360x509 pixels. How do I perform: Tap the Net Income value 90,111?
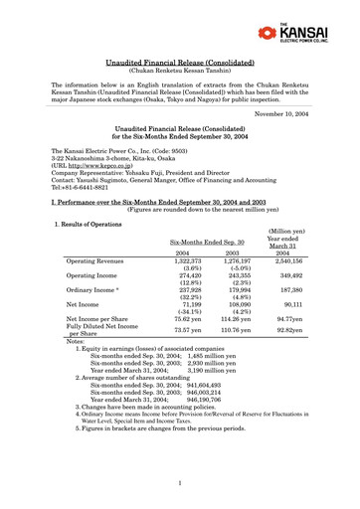point(286,308)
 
